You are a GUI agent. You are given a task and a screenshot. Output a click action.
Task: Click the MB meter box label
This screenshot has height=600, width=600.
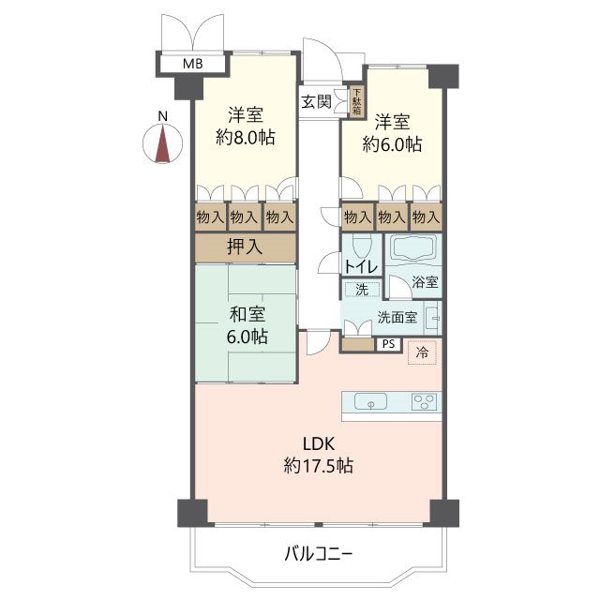(192, 64)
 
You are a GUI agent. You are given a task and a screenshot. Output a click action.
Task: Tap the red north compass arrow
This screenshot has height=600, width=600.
(163, 143)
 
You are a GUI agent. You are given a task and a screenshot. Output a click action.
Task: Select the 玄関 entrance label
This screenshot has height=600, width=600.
(316, 102)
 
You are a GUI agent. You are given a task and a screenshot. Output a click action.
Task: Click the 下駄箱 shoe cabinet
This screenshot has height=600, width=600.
(356, 102)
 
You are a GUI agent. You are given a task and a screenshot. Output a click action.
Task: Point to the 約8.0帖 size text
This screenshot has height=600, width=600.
(246, 137)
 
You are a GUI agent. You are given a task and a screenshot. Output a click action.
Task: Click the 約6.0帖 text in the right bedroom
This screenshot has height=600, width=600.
(392, 144)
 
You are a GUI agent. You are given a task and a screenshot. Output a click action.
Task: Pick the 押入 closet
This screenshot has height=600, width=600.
(246, 247)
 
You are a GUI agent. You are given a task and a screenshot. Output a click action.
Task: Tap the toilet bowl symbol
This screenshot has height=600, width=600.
(362, 246)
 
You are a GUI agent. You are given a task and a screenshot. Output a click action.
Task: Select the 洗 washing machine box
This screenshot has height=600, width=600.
(362, 290)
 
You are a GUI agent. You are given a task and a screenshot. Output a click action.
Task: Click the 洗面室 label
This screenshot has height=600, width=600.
(397, 317)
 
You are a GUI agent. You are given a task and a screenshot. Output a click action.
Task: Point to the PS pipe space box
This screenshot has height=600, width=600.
(388, 344)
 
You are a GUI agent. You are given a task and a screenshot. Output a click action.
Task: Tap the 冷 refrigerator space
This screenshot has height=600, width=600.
(422, 352)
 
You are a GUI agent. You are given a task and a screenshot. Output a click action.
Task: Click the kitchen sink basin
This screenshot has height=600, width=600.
(371, 402)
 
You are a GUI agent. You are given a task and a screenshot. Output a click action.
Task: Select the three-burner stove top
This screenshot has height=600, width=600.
(424, 402)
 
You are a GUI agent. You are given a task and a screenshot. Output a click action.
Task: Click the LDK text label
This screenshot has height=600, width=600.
(319, 443)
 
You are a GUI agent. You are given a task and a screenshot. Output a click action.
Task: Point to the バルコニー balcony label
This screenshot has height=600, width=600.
(319, 553)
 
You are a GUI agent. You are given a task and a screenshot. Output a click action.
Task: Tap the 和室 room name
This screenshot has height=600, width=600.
(247, 315)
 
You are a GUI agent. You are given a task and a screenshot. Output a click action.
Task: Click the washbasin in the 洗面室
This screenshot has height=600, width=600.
(433, 317)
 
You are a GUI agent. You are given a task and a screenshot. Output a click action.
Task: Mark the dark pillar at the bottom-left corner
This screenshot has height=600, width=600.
(192, 513)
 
